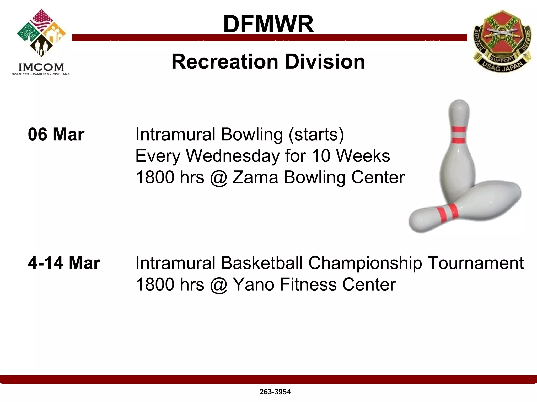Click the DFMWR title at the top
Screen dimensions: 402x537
pyautogui.click(x=268, y=24)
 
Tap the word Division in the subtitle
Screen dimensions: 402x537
pyautogui.click(x=325, y=62)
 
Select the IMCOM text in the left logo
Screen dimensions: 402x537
pyautogui.click(x=41, y=67)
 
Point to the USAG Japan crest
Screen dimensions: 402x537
pyautogui.click(x=502, y=41)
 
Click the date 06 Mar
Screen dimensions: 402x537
pyautogui.click(x=56, y=135)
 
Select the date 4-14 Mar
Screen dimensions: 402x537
pyautogui.click(x=64, y=263)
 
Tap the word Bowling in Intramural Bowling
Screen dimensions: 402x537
pyautogui.click(x=252, y=135)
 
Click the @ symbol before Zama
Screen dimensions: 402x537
pyautogui.click(x=218, y=178)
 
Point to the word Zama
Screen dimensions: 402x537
pyautogui.click(x=255, y=177)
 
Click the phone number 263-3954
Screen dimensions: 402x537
pyautogui.click(x=275, y=392)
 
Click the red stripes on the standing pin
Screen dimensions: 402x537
pyautogui.click(x=458, y=135)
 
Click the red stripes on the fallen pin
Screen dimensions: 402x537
pyautogui.click(x=447, y=213)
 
